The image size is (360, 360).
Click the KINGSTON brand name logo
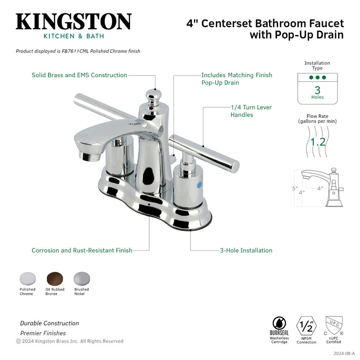[74, 22]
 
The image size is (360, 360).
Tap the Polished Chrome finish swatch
[27, 278]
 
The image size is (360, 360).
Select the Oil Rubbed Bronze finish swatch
[54, 278]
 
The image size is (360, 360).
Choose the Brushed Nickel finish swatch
[81, 278]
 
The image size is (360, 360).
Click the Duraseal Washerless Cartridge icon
[279, 326]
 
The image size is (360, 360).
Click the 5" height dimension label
[295, 189]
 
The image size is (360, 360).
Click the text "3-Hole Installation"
[245, 250]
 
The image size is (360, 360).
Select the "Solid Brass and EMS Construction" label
[79, 75]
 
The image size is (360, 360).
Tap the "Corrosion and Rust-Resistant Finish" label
[82, 250]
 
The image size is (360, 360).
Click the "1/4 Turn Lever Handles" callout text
[251, 111]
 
